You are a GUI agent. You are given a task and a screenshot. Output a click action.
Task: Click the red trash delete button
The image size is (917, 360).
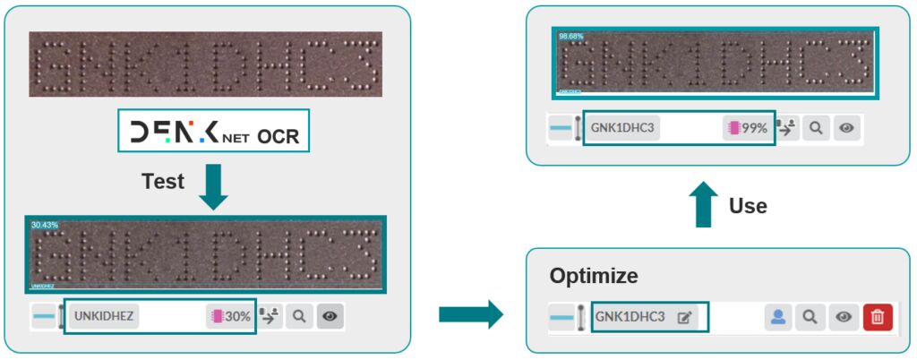(x=878, y=317)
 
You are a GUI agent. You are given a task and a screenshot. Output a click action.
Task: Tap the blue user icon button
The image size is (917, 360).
(x=779, y=317)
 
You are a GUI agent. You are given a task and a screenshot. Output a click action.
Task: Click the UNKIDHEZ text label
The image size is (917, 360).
(x=104, y=316)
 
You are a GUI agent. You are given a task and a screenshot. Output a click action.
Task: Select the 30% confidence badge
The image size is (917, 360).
(x=230, y=316)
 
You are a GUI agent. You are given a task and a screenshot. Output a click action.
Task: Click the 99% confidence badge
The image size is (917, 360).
(x=747, y=128)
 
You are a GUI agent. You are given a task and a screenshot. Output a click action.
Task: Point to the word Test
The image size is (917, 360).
(x=163, y=182)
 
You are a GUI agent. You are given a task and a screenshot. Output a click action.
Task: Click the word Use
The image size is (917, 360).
(x=748, y=206)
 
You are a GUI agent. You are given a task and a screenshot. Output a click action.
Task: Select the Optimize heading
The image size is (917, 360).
(x=594, y=275)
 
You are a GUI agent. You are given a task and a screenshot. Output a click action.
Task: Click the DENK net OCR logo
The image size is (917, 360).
(x=213, y=134)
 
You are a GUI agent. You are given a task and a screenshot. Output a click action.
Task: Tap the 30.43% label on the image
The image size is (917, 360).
(x=45, y=225)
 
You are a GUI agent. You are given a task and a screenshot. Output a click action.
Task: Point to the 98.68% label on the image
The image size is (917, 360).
(x=570, y=36)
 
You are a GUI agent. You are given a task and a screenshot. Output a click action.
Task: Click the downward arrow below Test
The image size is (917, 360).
(x=213, y=186)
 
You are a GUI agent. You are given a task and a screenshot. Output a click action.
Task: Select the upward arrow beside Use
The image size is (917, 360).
(x=705, y=204)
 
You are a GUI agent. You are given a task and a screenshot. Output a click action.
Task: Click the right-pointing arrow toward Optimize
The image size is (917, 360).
(x=472, y=314)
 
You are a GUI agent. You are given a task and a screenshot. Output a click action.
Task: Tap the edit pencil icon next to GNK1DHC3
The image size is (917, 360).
(x=685, y=317)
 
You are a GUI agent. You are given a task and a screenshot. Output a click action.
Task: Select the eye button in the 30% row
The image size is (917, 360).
(x=330, y=316)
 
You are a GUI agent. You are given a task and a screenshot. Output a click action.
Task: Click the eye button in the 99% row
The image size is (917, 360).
(x=845, y=128)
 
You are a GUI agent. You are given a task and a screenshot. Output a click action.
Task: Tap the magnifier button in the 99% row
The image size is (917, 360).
(x=815, y=128)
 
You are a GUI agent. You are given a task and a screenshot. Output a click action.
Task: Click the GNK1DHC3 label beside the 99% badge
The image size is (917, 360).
(x=623, y=128)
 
